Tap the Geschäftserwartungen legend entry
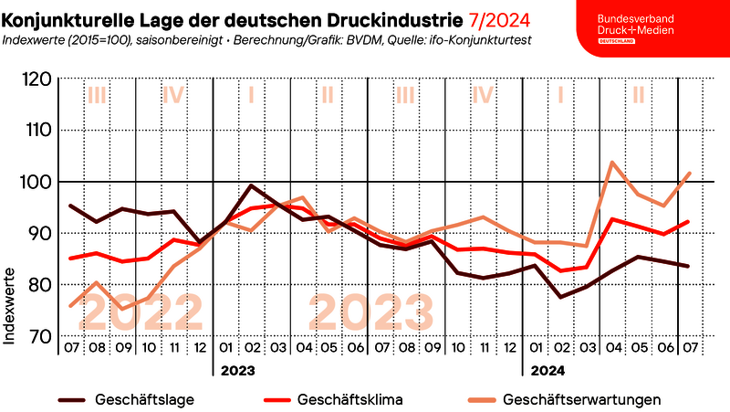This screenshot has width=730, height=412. click(x=580, y=399)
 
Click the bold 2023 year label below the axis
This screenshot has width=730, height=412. click(x=235, y=371)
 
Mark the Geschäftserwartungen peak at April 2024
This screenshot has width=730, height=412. click(x=611, y=163)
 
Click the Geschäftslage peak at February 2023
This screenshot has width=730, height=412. click(x=252, y=186)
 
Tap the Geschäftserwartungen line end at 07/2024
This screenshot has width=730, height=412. click(x=689, y=173)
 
